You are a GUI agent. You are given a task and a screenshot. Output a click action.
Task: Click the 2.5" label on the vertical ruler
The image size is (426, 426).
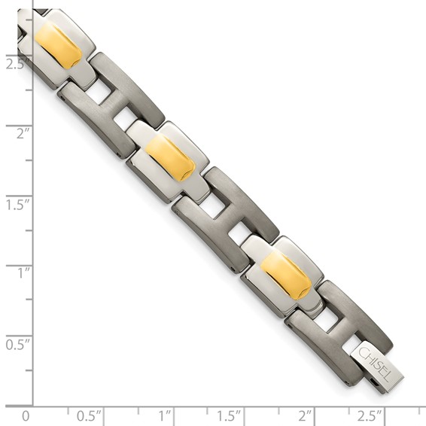point(14,63)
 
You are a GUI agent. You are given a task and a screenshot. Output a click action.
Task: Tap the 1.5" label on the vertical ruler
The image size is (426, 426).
point(14,204)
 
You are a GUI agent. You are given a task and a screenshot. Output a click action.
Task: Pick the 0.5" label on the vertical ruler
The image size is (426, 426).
point(14,344)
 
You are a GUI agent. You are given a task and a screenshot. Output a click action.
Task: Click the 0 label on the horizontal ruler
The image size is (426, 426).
point(26,415)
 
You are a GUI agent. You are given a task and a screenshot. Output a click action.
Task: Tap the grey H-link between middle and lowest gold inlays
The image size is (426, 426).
point(225,217)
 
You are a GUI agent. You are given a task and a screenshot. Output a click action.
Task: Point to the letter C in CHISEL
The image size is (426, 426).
point(364,354)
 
